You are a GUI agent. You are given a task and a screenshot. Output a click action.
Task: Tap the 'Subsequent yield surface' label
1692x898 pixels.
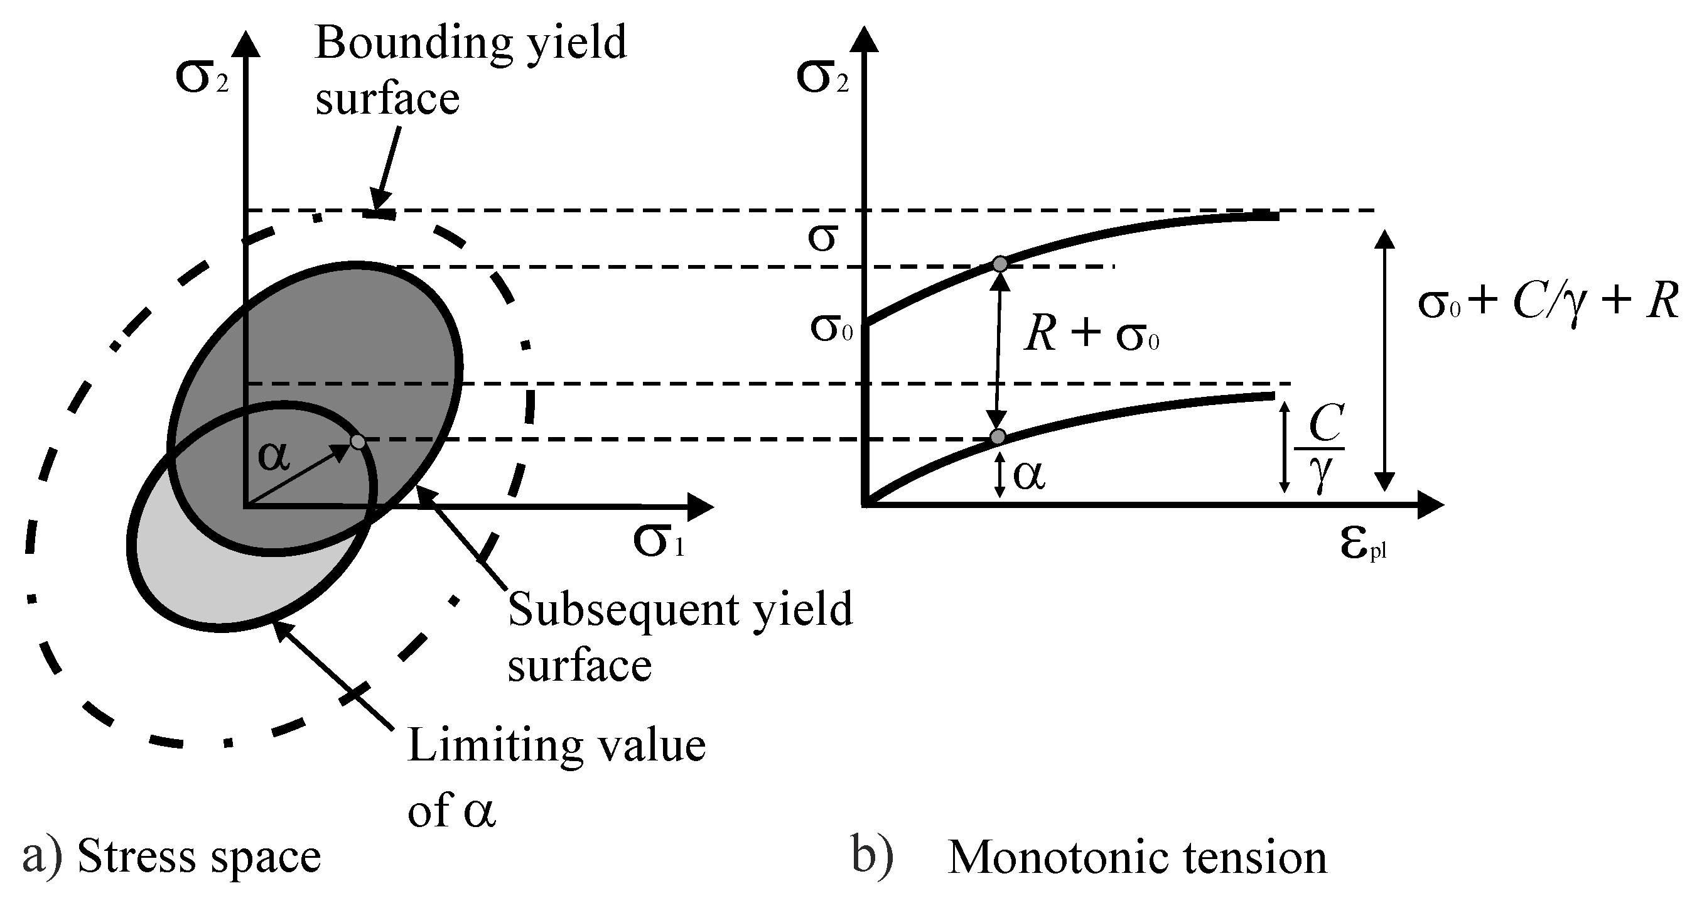tap(679, 636)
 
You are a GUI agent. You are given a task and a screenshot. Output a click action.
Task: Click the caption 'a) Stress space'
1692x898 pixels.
tap(171, 857)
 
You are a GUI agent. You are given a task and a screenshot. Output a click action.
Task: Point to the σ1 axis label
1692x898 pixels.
tap(659, 541)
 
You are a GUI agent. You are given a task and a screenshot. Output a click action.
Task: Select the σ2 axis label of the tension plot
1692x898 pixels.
tap(822, 77)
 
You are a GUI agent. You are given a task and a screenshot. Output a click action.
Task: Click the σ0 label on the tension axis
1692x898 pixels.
tap(831, 328)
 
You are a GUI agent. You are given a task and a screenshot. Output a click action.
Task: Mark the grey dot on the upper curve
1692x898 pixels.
tap(1000, 264)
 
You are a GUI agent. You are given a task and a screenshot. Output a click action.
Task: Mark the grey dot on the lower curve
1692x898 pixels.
tap(998, 437)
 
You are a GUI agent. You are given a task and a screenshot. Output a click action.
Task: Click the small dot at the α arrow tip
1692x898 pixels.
tap(358, 441)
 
